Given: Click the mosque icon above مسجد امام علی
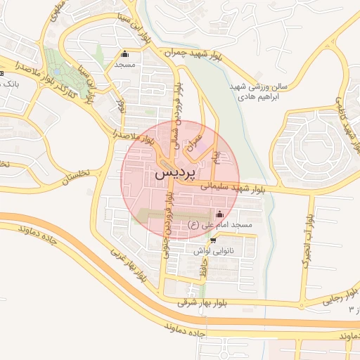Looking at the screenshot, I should pos(220,214).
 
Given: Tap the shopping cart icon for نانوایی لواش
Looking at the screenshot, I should pos(213,240).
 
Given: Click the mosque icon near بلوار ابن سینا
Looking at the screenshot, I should pos(126,53).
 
